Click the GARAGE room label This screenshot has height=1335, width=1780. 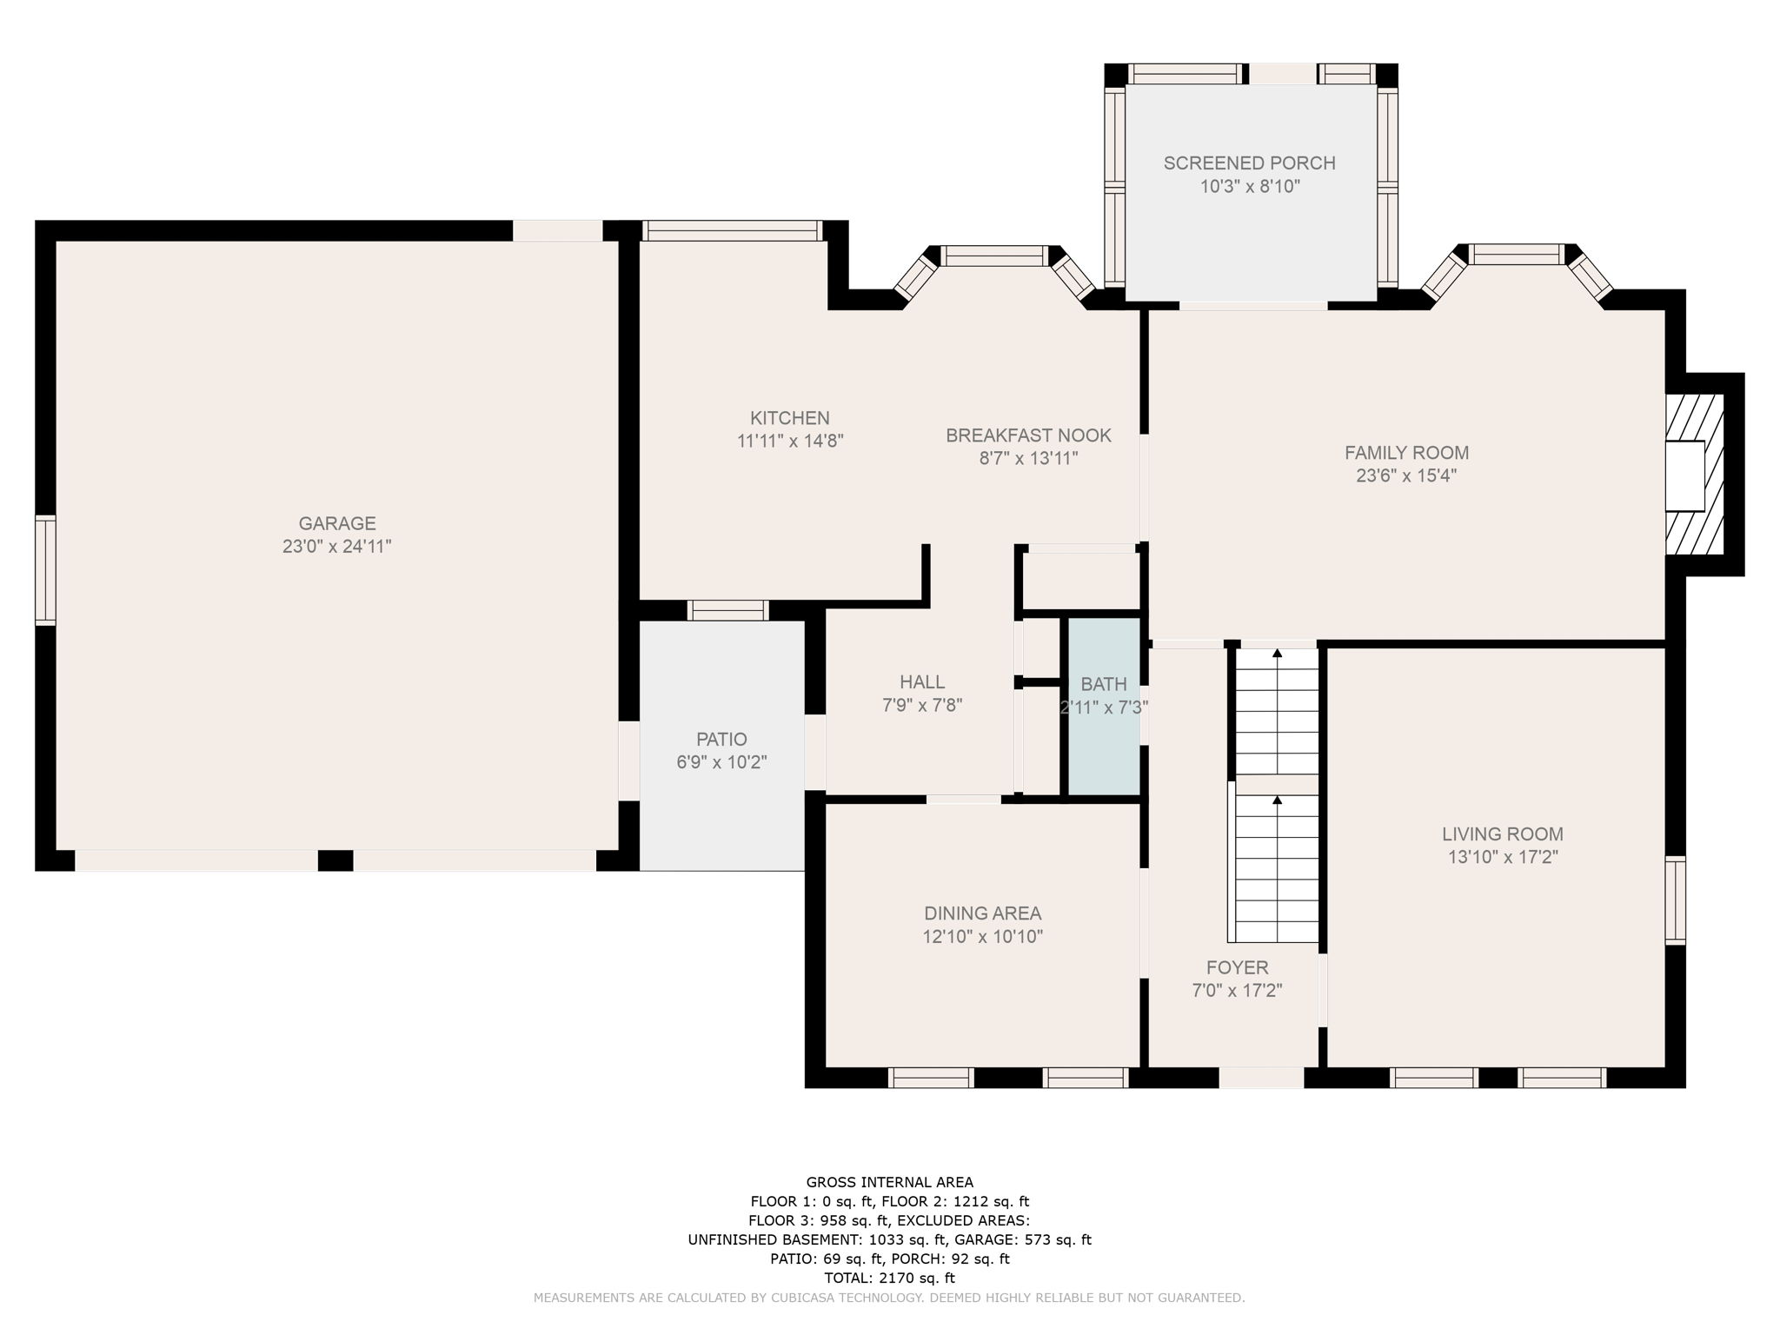(337, 523)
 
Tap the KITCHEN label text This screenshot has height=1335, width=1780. (790, 418)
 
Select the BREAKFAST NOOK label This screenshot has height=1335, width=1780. (1029, 435)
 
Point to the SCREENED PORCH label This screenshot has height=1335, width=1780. (1250, 163)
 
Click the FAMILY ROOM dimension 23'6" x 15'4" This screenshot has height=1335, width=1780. (1406, 475)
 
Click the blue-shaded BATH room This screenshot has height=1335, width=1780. (1104, 706)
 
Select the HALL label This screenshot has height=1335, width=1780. (922, 682)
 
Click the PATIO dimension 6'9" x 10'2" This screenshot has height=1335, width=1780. (721, 762)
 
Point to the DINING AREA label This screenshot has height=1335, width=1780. (982, 913)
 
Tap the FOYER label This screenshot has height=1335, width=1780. (1237, 967)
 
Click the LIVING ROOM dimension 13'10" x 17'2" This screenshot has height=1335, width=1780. (1503, 857)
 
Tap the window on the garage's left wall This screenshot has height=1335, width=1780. (45, 570)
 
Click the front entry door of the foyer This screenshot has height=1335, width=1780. (1261, 1078)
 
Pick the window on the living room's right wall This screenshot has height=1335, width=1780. (1675, 900)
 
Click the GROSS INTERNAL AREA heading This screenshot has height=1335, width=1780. (890, 1182)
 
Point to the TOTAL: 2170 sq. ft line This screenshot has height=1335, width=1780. (890, 1278)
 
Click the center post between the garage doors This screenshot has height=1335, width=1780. (335, 860)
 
